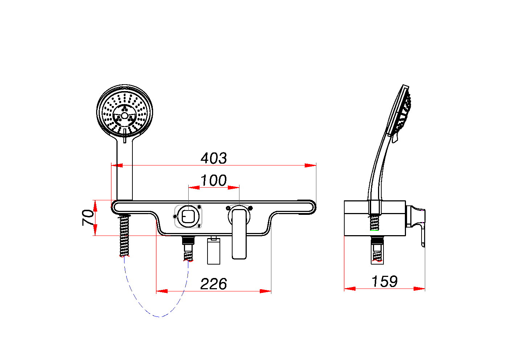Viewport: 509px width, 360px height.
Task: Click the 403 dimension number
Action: pos(214,158)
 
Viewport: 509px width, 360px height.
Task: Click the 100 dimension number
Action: pos(214,180)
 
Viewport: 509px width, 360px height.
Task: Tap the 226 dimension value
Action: pos(214,284)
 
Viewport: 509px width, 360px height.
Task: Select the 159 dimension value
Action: pos(385,281)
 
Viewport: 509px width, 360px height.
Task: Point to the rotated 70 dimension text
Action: pos(88,217)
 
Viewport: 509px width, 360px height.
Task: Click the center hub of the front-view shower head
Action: pos(124,115)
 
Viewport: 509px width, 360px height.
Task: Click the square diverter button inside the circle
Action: pos(188,216)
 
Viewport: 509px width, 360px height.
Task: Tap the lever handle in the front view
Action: pos(239,234)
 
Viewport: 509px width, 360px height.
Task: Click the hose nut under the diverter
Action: pos(188,241)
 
